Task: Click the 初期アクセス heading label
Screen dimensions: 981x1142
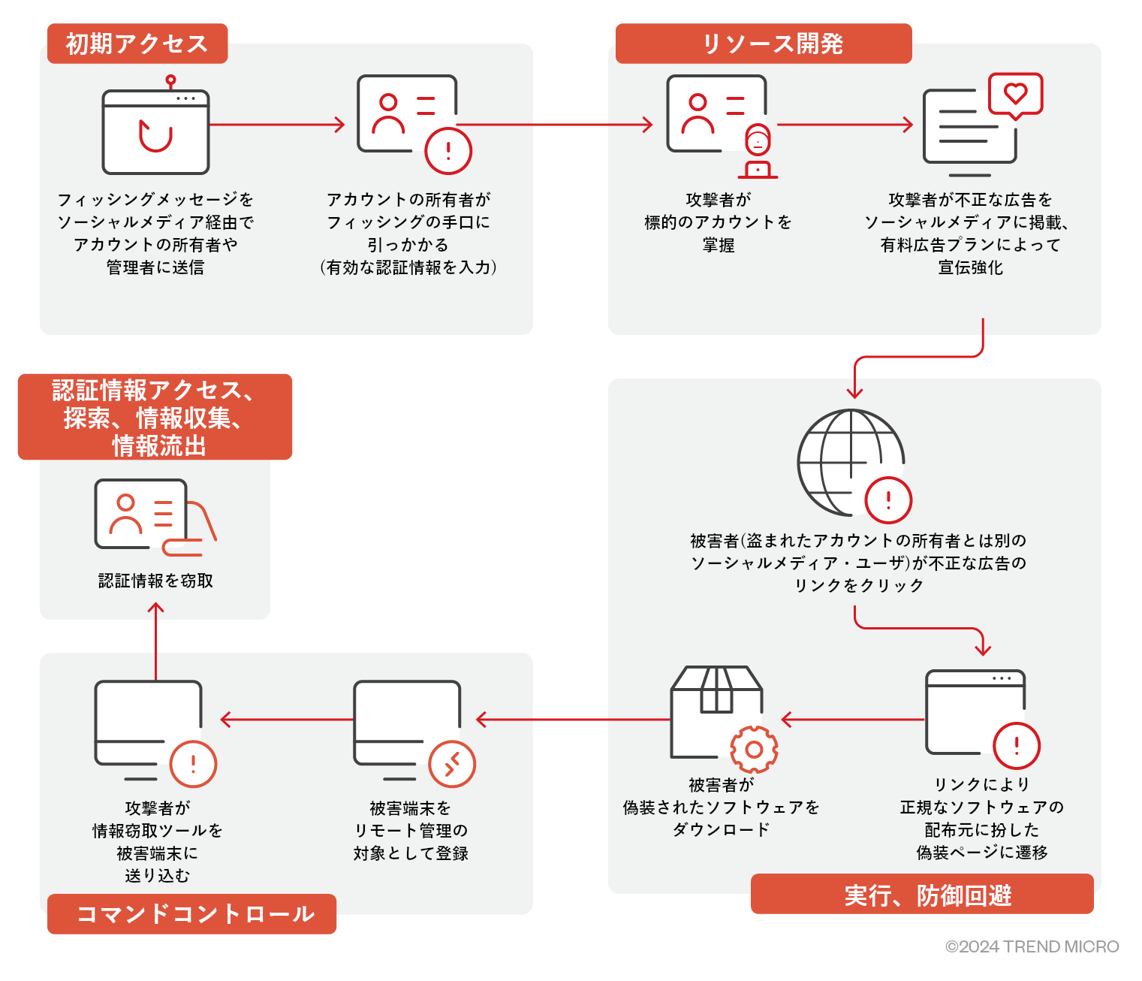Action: click(137, 44)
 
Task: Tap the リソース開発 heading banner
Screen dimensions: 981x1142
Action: click(763, 44)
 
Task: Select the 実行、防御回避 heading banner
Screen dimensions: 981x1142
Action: click(921, 895)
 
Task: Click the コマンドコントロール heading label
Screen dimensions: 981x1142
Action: click(191, 913)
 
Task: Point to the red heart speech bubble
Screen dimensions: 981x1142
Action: click(1015, 95)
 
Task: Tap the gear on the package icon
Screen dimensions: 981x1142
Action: click(754, 750)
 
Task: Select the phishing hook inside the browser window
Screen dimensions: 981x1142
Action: click(155, 136)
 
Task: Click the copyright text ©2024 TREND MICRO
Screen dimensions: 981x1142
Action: click(1032, 946)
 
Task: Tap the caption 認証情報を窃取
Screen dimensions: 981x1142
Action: click(155, 581)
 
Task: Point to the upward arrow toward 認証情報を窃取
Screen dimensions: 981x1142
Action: click(155, 638)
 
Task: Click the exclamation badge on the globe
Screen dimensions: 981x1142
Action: click(888, 500)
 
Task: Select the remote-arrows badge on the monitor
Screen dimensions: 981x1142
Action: click(452, 764)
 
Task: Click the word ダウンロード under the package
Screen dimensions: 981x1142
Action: click(721, 829)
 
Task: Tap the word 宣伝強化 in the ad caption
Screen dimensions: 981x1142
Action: click(970, 267)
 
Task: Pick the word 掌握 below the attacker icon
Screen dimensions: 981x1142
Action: click(719, 245)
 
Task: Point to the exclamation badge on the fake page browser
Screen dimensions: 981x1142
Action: click(1017, 746)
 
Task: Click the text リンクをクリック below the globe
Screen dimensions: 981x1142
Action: click(859, 585)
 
